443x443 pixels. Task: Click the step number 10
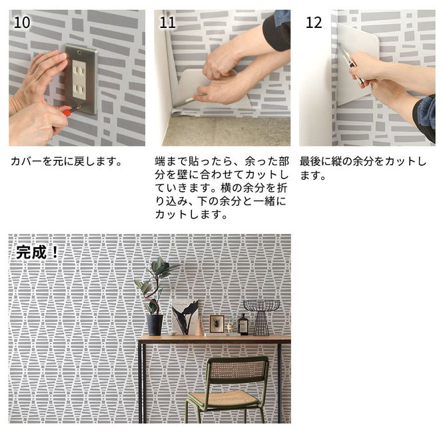pyautogui.click(x=21, y=22)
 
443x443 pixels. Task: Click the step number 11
pyautogui.click(x=168, y=22)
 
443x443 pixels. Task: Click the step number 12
pyautogui.click(x=313, y=22)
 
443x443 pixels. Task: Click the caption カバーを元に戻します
pyautogui.click(x=67, y=161)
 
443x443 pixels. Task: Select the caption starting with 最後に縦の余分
pyautogui.click(x=363, y=168)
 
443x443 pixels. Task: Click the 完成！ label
pyautogui.click(x=37, y=252)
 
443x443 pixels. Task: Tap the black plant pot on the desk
pyautogui.click(x=155, y=324)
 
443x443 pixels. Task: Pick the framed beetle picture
pyautogui.click(x=217, y=324)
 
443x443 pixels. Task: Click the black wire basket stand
pyautogui.click(x=261, y=316)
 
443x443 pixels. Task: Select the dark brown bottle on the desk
pyautogui.click(x=243, y=325)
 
